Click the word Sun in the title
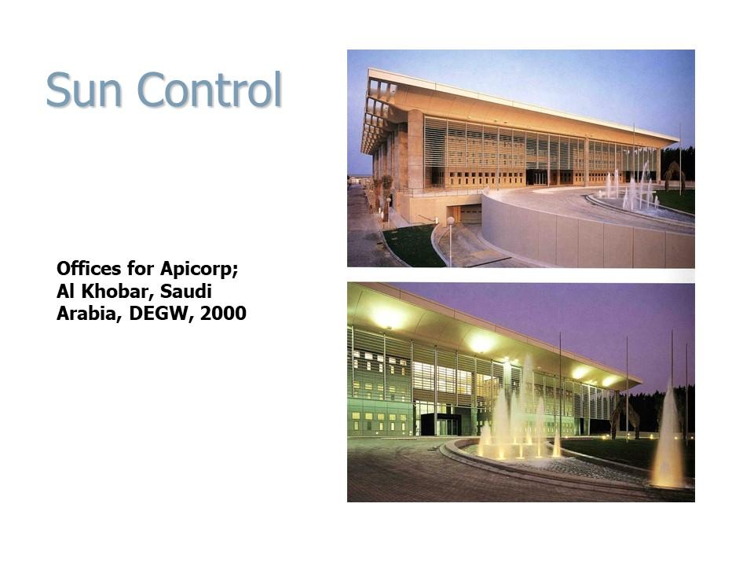pos(84,90)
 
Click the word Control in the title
pos(209,89)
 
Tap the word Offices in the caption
pos(89,268)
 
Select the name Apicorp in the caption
pos(199,270)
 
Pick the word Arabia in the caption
pos(90,314)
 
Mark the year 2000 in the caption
pos(223,314)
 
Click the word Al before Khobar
pos(66,291)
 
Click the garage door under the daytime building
pos(470,214)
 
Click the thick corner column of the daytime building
pos(415,150)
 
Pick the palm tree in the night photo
pos(623,417)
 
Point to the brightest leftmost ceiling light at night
pos(387,318)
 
